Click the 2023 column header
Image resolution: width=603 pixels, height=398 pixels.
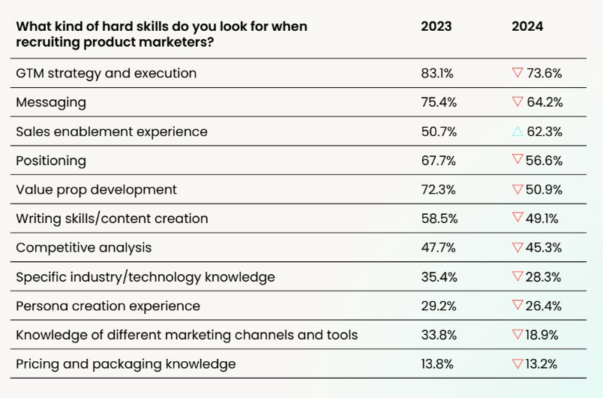pos(436,26)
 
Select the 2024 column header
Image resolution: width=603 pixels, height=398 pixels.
pos(527,26)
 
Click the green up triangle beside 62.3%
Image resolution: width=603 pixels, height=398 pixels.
pos(517,131)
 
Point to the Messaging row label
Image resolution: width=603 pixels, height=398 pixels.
pos(51,102)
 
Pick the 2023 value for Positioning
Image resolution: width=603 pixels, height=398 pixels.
pos(439,161)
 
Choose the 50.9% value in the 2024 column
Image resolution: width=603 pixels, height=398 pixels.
pos(544,190)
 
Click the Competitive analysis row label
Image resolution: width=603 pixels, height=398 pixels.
pos(83,248)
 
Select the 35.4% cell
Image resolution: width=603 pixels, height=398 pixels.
pos(439,277)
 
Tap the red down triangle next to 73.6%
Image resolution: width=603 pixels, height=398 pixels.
pos(517,73)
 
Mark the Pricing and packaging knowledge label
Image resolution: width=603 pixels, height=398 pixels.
pos(125,364)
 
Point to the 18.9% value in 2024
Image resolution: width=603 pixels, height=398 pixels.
pos(544,335)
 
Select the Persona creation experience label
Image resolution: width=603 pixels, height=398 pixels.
pos(108,306)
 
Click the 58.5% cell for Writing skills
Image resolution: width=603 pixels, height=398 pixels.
pos(439,219)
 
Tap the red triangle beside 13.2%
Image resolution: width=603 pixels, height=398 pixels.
pos(517,364)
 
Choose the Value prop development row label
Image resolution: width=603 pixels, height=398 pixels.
pos(96,190)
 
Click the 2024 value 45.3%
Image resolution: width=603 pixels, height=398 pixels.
pos(544,248)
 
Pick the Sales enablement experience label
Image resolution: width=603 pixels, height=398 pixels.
pos(111,131)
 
